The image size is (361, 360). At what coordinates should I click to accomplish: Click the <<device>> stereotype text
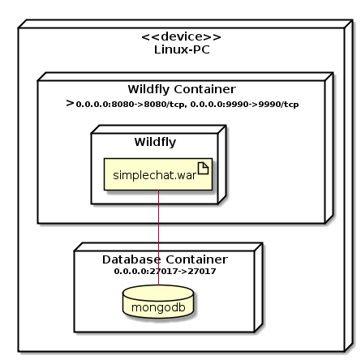[181, 37]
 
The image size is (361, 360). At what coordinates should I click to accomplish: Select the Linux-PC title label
[181, 50]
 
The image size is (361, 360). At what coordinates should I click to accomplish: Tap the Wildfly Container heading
[182, 89]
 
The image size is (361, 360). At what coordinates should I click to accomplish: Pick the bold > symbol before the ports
[70, 104]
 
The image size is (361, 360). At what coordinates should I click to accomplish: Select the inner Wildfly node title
[155, 143]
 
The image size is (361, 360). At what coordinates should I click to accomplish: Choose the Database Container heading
[165, 259]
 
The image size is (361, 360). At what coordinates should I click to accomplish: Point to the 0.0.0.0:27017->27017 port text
[165, 271]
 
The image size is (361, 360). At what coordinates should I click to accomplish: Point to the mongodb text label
[159, 308]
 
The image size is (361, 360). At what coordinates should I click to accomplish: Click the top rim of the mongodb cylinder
[159, 289]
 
